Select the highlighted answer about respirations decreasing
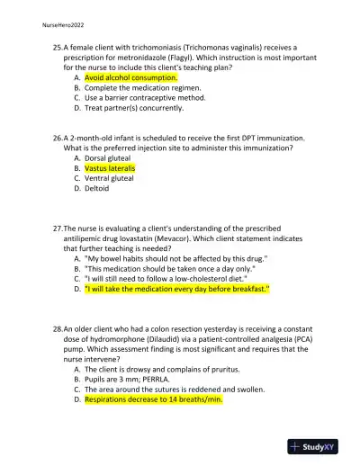pos(153,399)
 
